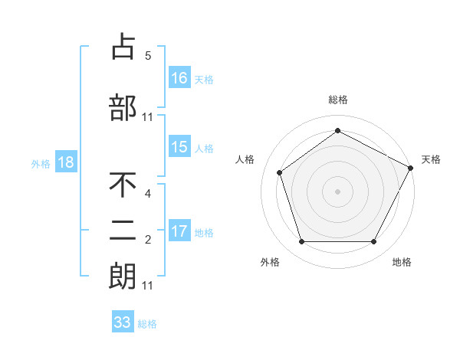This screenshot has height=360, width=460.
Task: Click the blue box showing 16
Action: click(179, 77)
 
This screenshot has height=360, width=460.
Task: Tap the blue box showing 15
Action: click(179, 147)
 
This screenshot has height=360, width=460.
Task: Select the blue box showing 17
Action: click(179, 231)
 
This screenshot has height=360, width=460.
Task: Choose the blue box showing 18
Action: click(65, 162)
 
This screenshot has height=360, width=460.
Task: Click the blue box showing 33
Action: click(123, 322)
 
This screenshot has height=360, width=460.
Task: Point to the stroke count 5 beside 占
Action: click(148, 56)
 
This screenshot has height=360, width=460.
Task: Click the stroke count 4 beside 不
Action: click(148, 195)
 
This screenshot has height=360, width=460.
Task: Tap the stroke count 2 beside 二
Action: click(148, 241)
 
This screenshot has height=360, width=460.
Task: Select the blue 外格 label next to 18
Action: click(41, 163)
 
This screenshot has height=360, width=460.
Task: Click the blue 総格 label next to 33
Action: click(147, 323)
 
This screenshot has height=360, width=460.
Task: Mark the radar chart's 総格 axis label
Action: click(338, 100)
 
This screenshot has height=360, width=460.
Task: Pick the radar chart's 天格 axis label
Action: click(431, 159)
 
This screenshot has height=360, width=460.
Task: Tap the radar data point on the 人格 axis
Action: click(280, 172)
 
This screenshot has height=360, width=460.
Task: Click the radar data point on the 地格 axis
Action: click(373, 241)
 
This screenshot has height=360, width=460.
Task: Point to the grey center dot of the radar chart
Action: click(338, 191)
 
